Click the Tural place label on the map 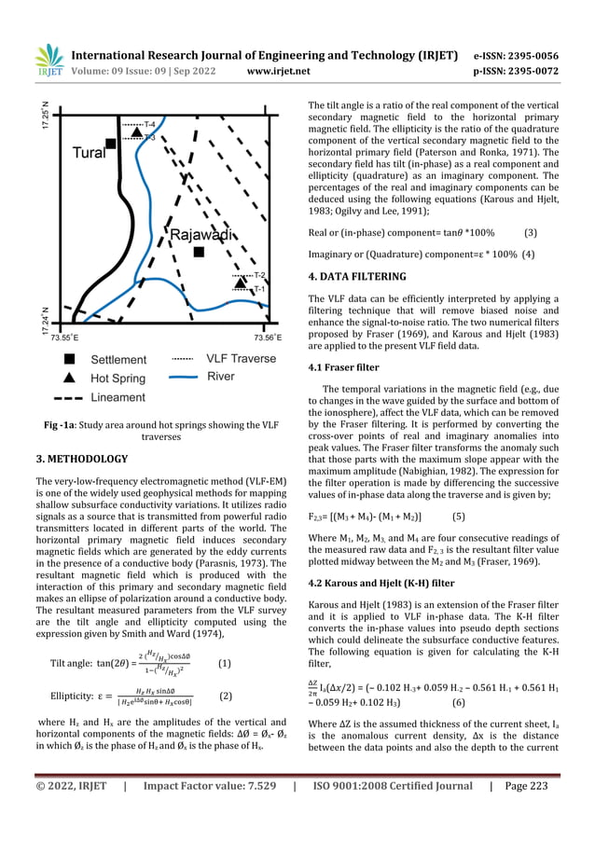coord(89,152)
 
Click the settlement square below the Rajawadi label coord(198,253)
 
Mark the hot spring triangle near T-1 coord(240,283)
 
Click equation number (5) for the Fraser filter coord(459,514)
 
